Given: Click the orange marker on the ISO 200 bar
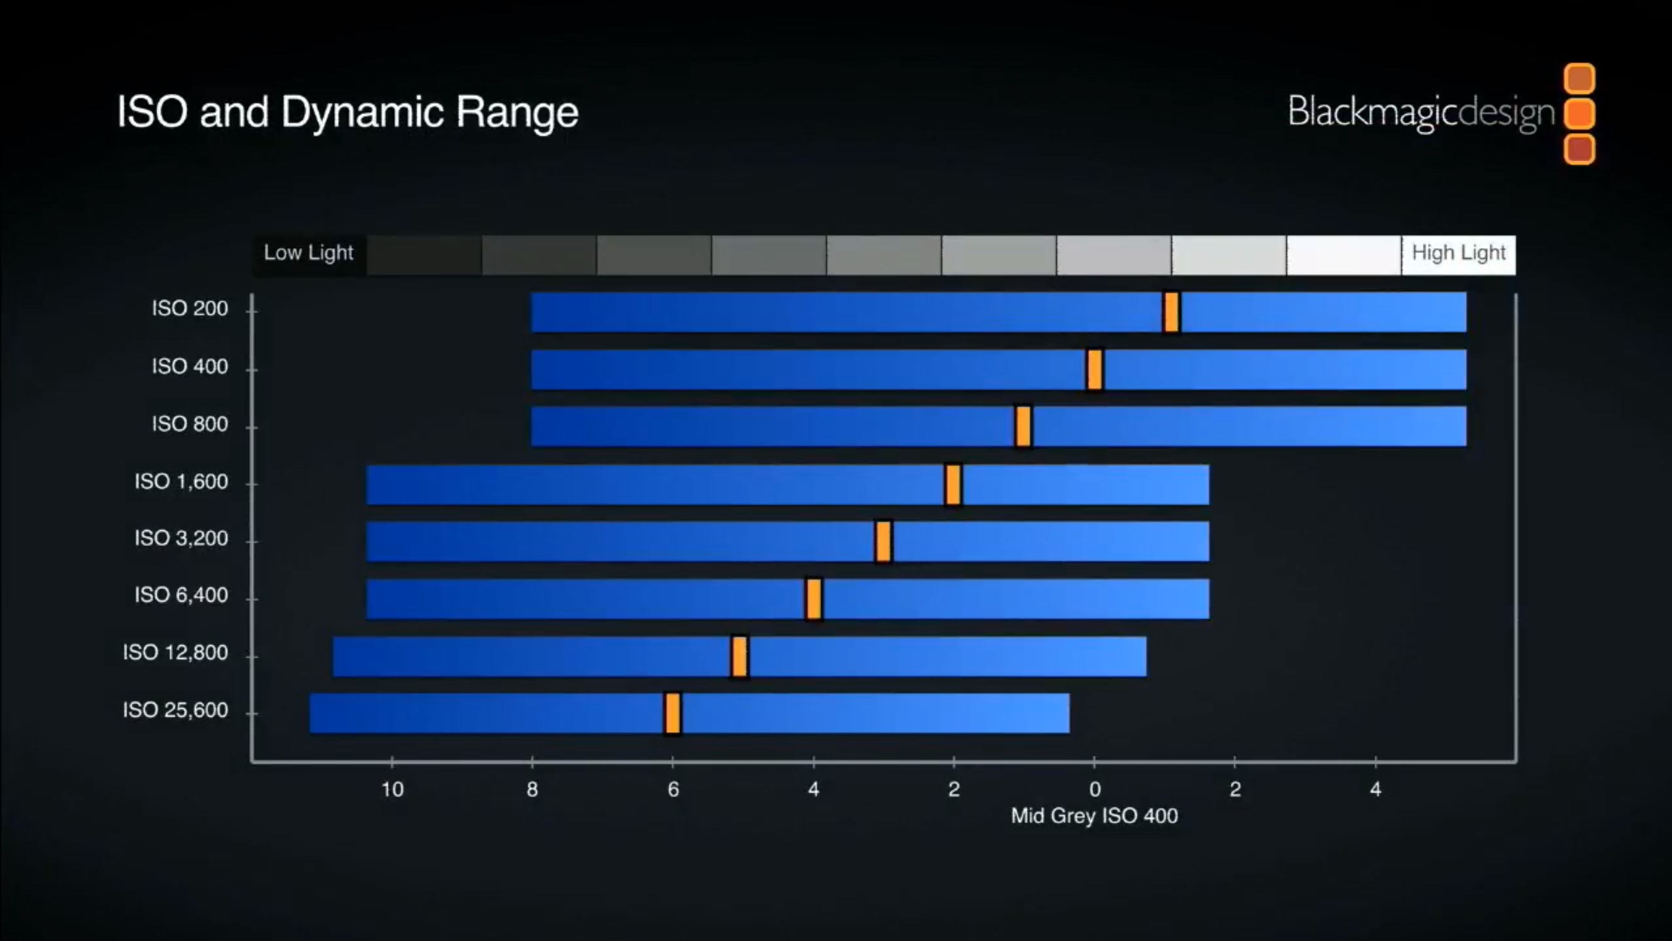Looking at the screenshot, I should pos(1171,313).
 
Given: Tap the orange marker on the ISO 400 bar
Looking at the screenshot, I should pos(1094,370).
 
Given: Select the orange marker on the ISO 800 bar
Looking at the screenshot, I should pos(1023,427).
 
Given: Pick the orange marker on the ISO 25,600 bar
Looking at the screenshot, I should pos(672,713).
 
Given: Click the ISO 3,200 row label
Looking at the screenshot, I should pos(181,538).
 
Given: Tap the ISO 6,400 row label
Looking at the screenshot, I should pos(181,595).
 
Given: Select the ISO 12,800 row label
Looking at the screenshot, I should pos(175,652).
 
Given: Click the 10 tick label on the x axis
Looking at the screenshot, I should pos(392,790).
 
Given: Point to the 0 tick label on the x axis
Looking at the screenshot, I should pos(1094,790).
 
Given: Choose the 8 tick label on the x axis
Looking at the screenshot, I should pos(532,790).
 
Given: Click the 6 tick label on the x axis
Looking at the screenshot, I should pos(673,790).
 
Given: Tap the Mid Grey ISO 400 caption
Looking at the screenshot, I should pos(1094,815).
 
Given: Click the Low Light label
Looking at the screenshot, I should pos(308,253).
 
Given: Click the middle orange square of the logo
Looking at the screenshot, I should pos(1579,114).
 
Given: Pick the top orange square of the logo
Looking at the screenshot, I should pos(1579,78).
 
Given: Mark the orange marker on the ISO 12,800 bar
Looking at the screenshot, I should pos(739,656).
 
